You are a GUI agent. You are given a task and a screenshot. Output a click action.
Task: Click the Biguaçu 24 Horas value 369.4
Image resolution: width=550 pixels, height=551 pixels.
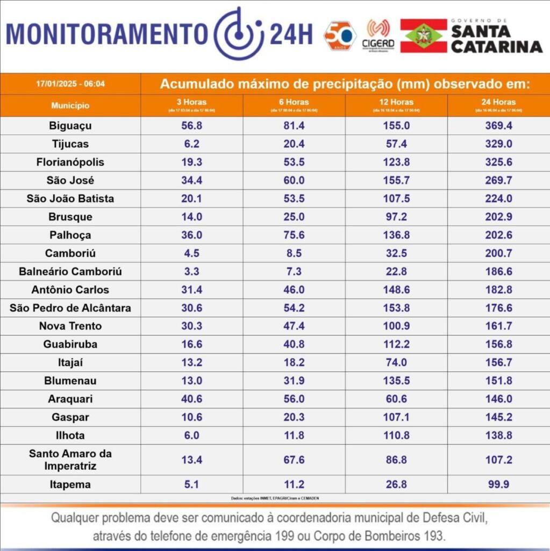click(498, 126)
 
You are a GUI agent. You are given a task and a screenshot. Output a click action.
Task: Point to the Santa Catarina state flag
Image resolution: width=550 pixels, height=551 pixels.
click(424, 36)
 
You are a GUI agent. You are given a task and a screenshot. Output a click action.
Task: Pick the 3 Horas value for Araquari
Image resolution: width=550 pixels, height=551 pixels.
click(192, 399)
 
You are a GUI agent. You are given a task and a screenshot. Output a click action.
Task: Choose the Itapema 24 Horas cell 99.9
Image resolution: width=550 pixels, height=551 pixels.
click(498, 485)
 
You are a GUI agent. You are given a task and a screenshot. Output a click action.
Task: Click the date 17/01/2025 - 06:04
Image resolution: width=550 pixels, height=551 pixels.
click(70, 84)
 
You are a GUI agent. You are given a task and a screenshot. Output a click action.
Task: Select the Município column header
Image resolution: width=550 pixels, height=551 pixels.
click(70, 105)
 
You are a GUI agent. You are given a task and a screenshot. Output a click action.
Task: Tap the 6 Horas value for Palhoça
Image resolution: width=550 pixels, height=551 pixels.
click(294, 235)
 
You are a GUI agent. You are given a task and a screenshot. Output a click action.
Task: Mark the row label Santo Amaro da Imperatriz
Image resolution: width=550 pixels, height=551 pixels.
click(70, 460)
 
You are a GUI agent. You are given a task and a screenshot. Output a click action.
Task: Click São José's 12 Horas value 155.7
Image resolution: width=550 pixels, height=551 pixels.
click(396, 180)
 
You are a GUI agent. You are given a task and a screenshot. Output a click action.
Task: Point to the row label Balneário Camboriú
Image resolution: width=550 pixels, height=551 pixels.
click(70, 272)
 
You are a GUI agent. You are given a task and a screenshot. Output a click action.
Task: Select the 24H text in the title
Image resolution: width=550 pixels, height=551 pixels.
click(291, 34)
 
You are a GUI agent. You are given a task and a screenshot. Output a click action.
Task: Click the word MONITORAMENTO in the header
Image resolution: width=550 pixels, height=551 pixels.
click(106, 34)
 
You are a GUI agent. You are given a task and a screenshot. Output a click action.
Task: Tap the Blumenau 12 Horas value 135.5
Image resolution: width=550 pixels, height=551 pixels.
click(396, 381)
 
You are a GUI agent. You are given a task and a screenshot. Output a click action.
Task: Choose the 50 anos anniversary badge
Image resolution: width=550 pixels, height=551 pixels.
click(340, 36)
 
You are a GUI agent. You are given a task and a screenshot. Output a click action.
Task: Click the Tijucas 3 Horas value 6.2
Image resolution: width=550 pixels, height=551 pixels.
click(192, 144)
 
